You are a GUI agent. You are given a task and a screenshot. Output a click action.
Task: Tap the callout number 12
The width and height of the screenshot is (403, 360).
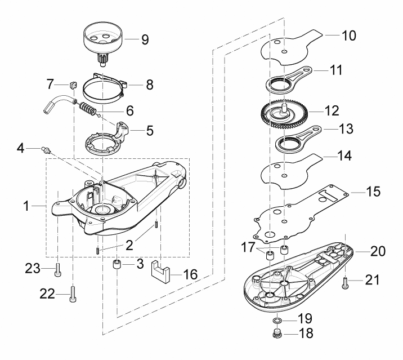pyautogui.click(x=332, y=111)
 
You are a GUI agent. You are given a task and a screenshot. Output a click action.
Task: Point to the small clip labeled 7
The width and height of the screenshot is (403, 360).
pyautogui.click(x=73, y=85)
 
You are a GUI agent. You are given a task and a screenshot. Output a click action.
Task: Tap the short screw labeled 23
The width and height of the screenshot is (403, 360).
pyautogui.click(x=58, y=270)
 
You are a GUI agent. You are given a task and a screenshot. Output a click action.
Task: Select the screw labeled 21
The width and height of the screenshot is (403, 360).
pyautogui.click(x=345, y=283)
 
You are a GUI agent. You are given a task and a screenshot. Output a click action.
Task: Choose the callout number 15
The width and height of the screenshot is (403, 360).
pyautogui.click(x=373, y=192)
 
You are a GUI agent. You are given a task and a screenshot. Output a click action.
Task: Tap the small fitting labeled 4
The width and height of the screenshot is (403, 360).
pyautogui.click(x=46, y=149)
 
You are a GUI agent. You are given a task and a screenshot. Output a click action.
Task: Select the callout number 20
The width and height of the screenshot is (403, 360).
pyautogui.click(x=378, y=251)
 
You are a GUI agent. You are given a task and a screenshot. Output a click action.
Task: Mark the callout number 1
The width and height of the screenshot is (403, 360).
pyautogui.click(x=26, y=206)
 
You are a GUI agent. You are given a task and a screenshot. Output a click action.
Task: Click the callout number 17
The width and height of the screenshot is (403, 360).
pyautogui.click(x=248, y=247)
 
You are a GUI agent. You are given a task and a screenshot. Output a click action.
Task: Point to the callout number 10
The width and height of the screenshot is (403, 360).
pyautogui.click(x=349, y=35)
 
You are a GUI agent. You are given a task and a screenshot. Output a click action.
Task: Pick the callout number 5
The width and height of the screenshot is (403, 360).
pyautogui.click(x=150, y=131)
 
